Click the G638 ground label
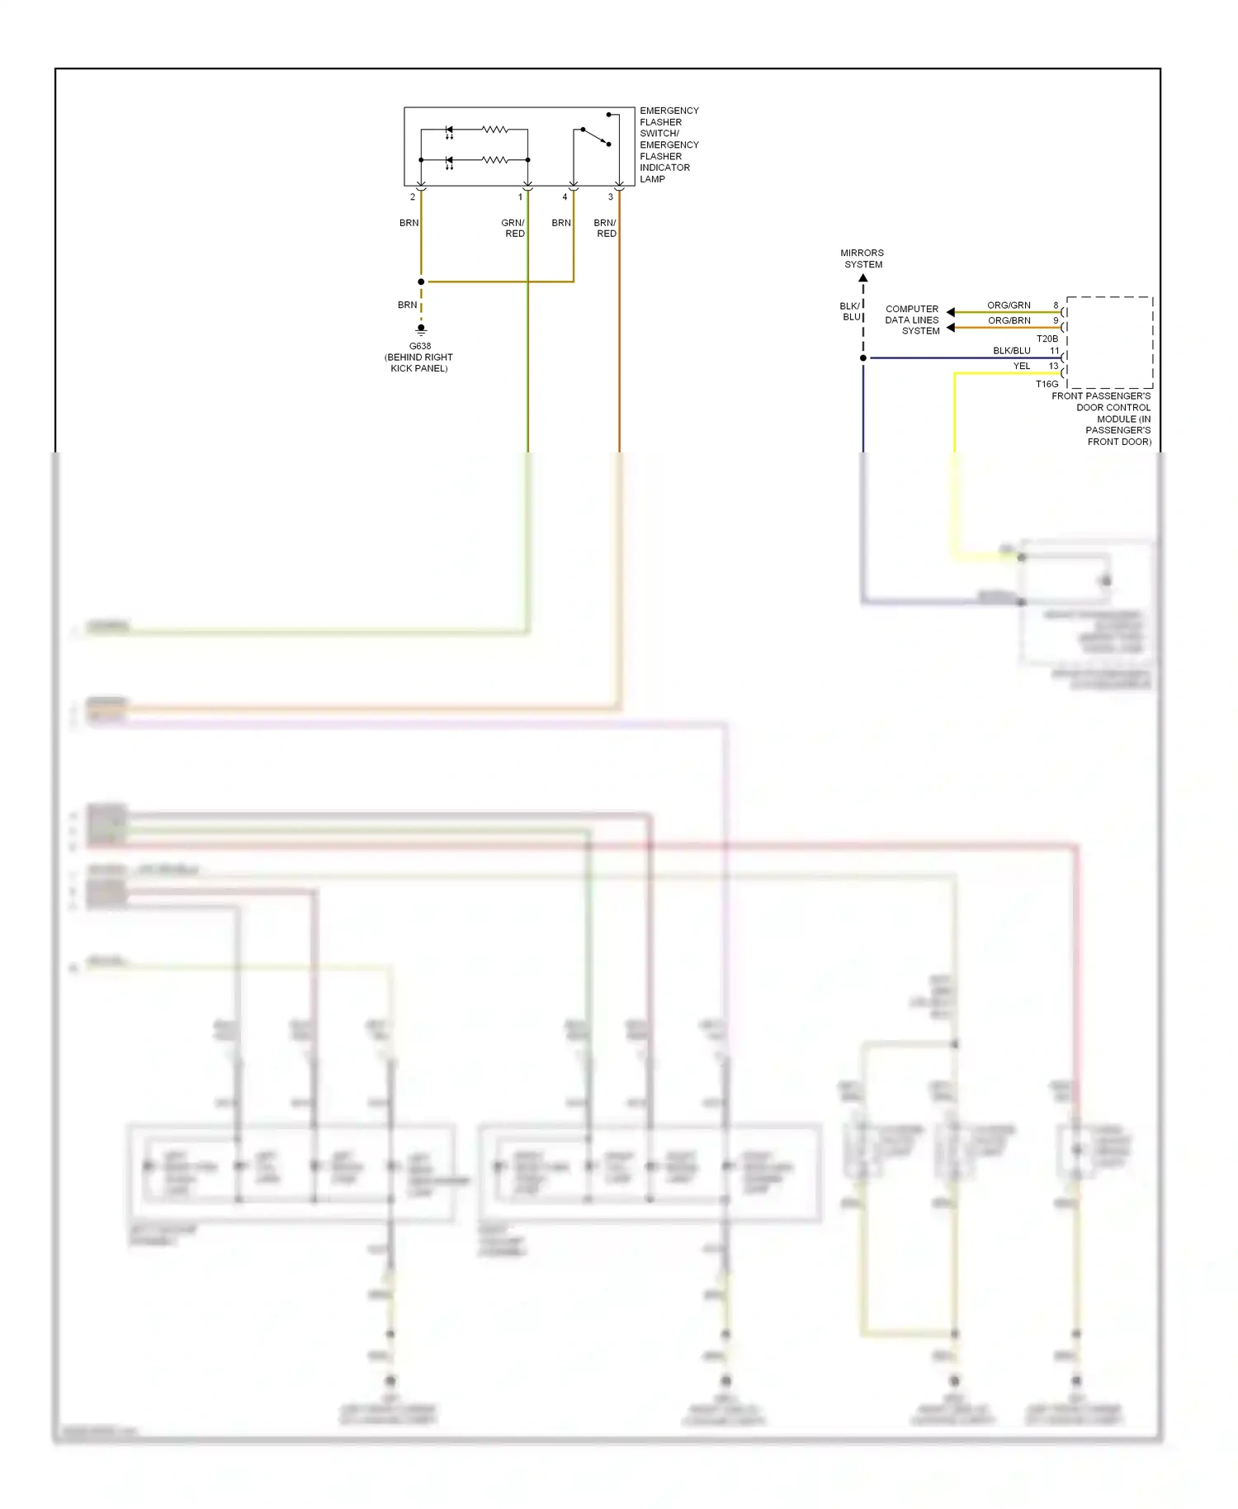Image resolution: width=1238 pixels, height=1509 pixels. pos(419,346)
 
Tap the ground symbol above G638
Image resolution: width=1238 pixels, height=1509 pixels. pos(421,329)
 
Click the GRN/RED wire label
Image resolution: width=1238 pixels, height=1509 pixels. pos(513,228)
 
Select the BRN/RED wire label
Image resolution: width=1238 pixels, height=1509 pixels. pos(605,228)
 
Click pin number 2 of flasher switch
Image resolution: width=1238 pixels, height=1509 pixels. pos(413,196)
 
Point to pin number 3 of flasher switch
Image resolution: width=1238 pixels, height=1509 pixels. pos(611,196)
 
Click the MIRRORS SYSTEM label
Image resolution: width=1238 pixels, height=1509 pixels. pos(862,258)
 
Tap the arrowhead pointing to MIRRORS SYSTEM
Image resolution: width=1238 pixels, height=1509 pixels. pos(863,278)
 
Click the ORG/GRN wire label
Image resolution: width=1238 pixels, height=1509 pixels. pos(1009,305)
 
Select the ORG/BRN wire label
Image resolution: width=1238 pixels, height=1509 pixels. pos(1009,320)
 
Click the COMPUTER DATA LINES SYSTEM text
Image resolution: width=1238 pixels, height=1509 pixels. pos(912,320)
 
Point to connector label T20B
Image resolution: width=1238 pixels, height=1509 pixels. pos(1047,338)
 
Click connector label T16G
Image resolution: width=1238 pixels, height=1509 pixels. pos(1047,384)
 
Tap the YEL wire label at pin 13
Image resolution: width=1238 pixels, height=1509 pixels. pos(1022,366)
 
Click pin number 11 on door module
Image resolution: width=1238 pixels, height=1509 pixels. pos(1054,351)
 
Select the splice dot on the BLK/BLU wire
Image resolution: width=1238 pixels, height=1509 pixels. pos(863,358)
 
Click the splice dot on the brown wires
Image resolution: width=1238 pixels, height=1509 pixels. pos(421,281)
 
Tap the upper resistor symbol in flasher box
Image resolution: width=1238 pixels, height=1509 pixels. pos(495,130)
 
